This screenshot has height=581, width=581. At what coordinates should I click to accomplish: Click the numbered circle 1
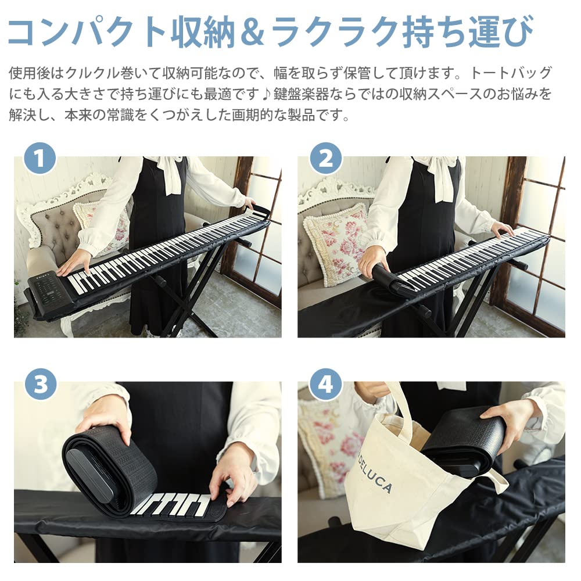(40, 158)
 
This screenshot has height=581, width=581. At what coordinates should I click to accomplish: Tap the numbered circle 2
(326, 158)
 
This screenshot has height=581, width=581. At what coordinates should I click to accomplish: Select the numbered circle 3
(41, 384)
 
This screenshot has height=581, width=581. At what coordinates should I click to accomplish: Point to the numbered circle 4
(326, 384)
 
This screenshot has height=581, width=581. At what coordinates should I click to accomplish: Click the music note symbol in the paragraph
(266, 94)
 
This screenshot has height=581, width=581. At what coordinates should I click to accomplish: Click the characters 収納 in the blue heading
(203, 31)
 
